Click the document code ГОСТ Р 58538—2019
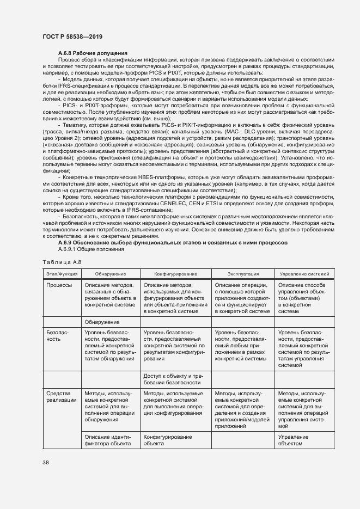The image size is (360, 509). pyautogui.click(x=72, y=36)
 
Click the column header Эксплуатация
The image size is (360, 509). pyautogui.click(x=243, y=273)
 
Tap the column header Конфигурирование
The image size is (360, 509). pyautogui.click(x=175, y=273)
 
